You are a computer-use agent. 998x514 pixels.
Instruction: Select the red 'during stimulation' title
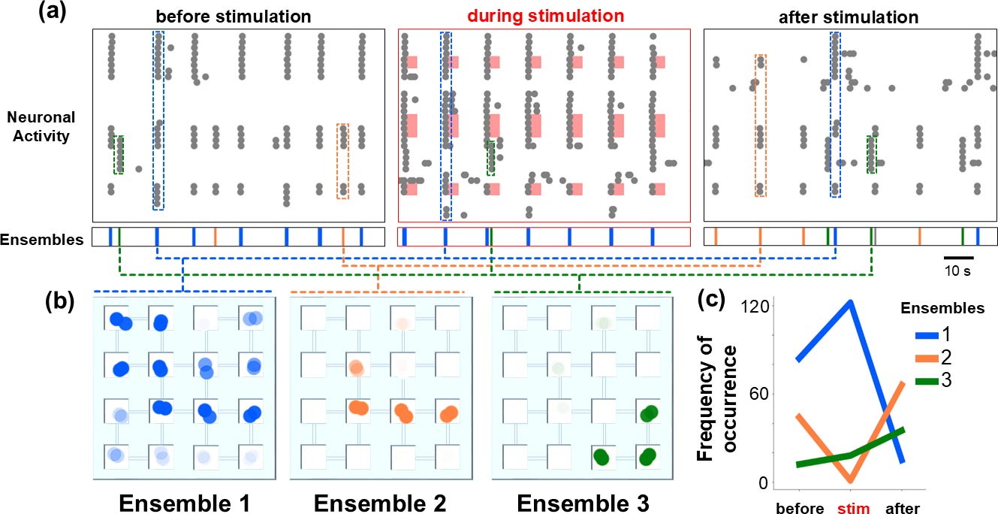[x=544, y=15]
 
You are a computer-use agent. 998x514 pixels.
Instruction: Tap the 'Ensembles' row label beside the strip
[x=42, y=240]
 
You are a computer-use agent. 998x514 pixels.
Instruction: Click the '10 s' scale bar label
[x=958, y=271]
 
